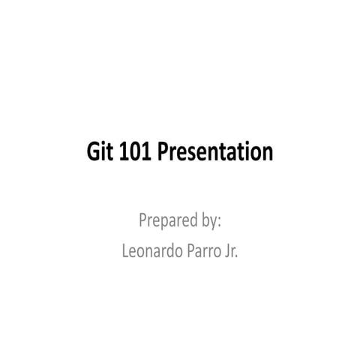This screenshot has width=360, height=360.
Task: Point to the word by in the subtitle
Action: [210, 221]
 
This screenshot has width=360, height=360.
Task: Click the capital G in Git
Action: [93, 152]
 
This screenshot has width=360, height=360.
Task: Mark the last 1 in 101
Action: [147, 152]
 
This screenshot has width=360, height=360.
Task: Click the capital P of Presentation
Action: [166, 152]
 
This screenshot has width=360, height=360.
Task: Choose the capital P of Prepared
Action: [142, 221]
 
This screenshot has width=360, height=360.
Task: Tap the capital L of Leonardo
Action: [124, 251]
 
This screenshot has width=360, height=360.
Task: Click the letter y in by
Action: [215, 223]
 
